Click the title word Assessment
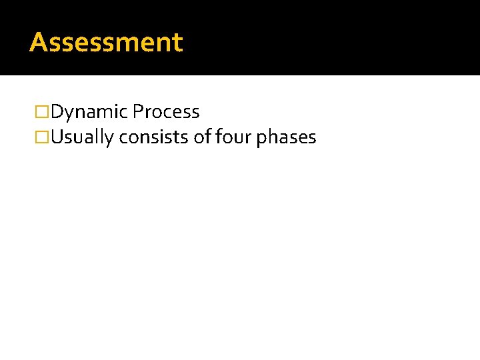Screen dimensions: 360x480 click(x=106, y=42)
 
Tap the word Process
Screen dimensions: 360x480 click(x=166, y=112)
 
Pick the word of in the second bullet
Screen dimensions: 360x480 click(x=201, y=138)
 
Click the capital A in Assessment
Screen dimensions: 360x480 click(x=37, y=42)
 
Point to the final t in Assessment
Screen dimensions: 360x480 click(x=177, y=43)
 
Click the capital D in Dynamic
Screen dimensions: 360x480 click(x=57, y=112)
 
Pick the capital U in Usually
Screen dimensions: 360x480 click(x=57, y=138)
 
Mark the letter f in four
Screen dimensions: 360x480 click(x=218, y=137)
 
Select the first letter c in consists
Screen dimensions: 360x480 click(x=123, y=139)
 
